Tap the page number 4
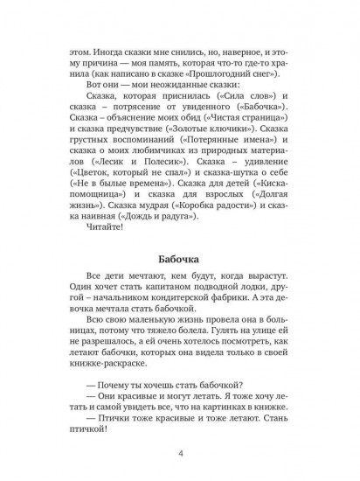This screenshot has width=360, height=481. point(180,452)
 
